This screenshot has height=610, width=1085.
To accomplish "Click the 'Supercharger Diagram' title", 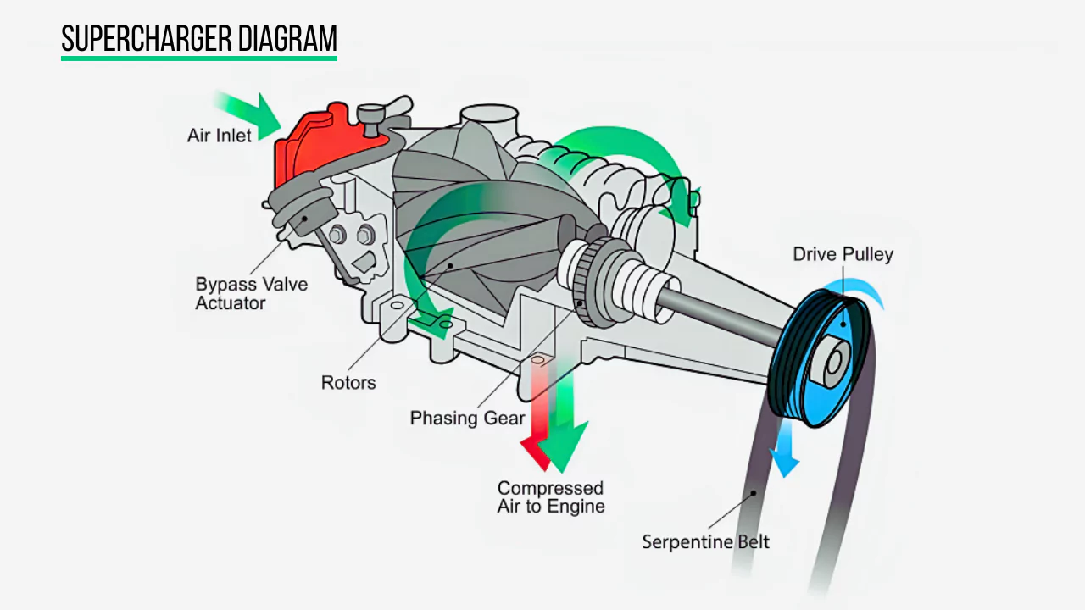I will (x=199, y=38).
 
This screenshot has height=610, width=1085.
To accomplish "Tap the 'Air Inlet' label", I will (x=220, y=136).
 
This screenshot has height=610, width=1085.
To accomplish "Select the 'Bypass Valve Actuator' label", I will (x=251, y=293).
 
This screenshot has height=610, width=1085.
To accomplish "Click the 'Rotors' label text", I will (x=348, y=383).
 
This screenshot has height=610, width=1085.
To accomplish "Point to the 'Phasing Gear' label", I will (x=467, y=418).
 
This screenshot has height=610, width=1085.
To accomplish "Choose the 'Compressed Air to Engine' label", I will (x=550, y=497).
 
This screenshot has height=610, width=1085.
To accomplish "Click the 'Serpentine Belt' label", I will (x=705, y=541).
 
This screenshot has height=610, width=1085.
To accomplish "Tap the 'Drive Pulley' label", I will (x=843, y=254).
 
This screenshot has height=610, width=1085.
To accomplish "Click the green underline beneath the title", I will (x=199, y=58).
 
